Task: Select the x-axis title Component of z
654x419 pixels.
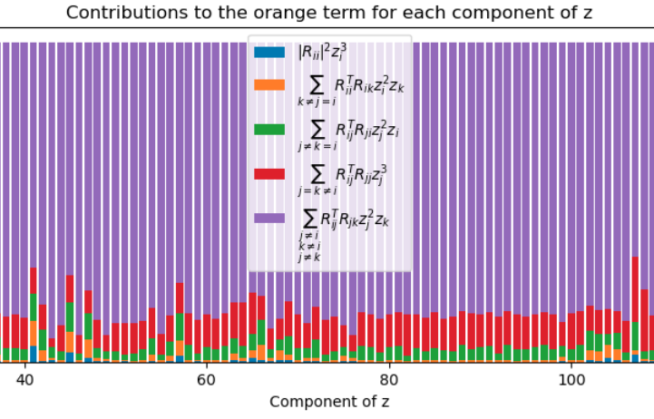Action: tap(329, 402)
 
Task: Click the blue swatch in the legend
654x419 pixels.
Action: tap(269, 52)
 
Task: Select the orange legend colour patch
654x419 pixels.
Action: tap(269, 85)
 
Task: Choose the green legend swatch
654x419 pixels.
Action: tap(269, 130)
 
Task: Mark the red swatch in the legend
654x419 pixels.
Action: tap(269, 174)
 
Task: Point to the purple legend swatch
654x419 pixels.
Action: tap(269, 218)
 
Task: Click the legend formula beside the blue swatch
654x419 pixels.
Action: tap(322, 53)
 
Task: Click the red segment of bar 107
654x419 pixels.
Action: tap(635, 289)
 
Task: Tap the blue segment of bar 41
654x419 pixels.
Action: tap(34, 354)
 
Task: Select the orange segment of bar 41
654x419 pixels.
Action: tap(34, 334)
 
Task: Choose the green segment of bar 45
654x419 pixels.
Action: tap(70, 317)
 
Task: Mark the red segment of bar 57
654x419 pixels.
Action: tap(180, 298)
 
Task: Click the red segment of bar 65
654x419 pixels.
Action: tap(253, 314)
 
